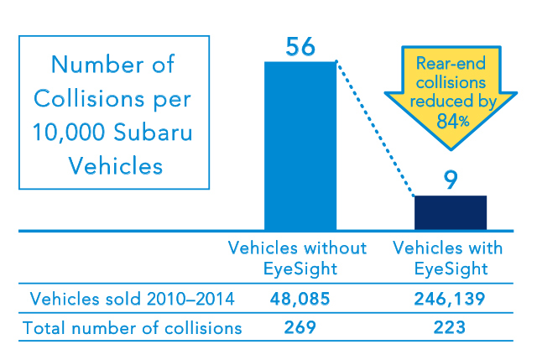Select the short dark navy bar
451,212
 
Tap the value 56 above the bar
300,47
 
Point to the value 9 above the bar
451,181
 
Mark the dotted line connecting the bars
375,128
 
